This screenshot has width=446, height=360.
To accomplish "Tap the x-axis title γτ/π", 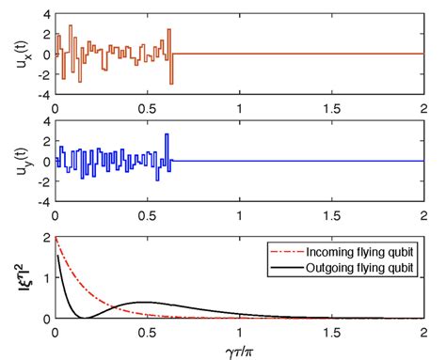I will [x=239, y=349].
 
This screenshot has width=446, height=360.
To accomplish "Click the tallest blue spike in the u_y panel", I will [x=167, y=135].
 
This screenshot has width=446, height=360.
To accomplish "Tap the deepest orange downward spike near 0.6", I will [x=171, y=84].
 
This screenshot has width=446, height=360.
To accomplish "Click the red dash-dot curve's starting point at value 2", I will [x=56, y=240].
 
